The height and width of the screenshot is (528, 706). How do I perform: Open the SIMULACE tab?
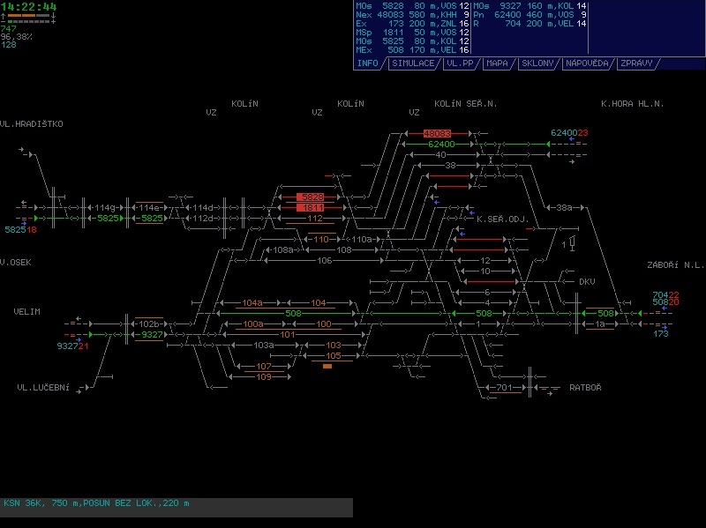tap(413, 63)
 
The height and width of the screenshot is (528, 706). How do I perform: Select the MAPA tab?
tap(497, 63)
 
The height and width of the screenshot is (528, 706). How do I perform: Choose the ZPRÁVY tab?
tap(636, 63)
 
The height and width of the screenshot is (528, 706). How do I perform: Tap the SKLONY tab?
tap(537, 63)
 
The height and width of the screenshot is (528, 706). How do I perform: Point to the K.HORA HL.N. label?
tap(632, 104)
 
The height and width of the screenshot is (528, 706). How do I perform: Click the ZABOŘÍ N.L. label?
tap(675, 264)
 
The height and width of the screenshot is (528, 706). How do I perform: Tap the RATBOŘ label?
tap(586, 387)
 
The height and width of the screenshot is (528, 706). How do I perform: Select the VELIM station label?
tap(27, 312)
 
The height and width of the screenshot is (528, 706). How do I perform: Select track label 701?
tap(504, 387)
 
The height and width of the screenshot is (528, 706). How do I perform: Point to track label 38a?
tap(564, 208)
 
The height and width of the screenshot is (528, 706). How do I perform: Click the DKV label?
tap(587, 282)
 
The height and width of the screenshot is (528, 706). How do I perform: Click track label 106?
tap(325, 260)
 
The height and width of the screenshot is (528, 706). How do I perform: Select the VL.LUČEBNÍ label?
tap(42, 387)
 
